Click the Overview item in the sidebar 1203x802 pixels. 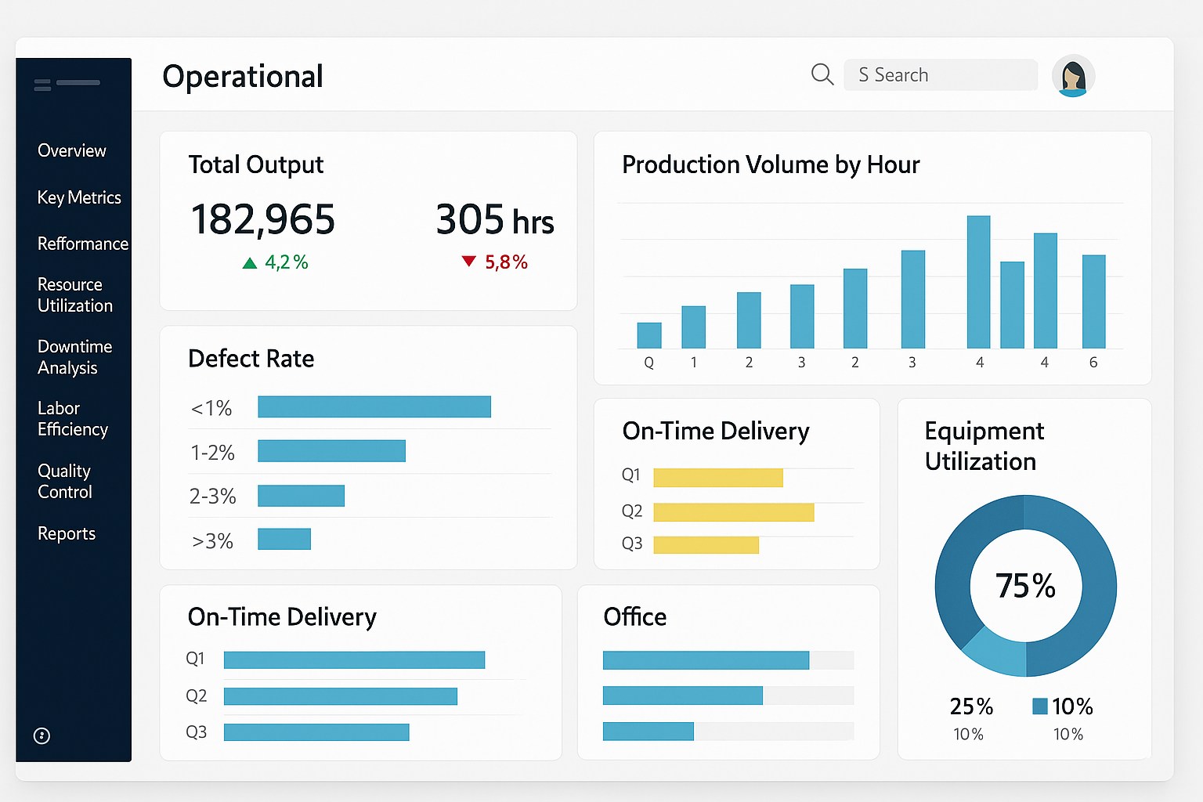[71, 150]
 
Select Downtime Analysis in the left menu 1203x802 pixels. [74, 357]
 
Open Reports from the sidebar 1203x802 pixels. [67, 533]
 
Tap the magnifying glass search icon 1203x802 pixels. [822, 75]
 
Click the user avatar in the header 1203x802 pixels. [1073, 76]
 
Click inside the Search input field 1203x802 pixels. [940, 75]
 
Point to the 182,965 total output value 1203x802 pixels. [262, 219]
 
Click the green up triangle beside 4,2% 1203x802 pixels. [250, 263]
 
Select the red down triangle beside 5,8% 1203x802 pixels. [468, 262]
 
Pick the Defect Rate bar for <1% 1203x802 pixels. [374, 406]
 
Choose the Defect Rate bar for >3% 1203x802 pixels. [284, 539]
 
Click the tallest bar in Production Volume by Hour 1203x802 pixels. [978, 282]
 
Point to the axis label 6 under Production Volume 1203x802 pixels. [1093, 363]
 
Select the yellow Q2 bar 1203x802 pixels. [733, 512]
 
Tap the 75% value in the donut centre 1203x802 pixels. [1025, 586]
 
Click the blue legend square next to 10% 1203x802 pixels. [1040, 706]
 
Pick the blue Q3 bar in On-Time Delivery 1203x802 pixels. [316, 732]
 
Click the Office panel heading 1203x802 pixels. [634, 617]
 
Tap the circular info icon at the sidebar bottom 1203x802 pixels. [42, 735]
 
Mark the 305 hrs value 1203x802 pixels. [494, 219]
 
